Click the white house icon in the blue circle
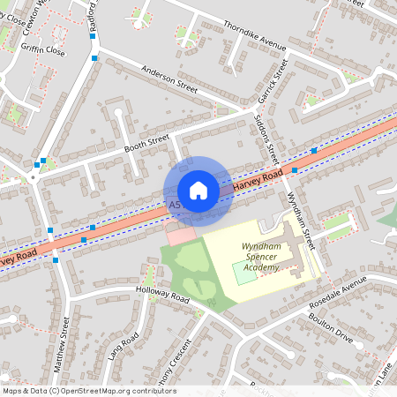198,191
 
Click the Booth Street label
146,141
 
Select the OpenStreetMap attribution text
89,390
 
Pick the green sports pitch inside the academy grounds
245,272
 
